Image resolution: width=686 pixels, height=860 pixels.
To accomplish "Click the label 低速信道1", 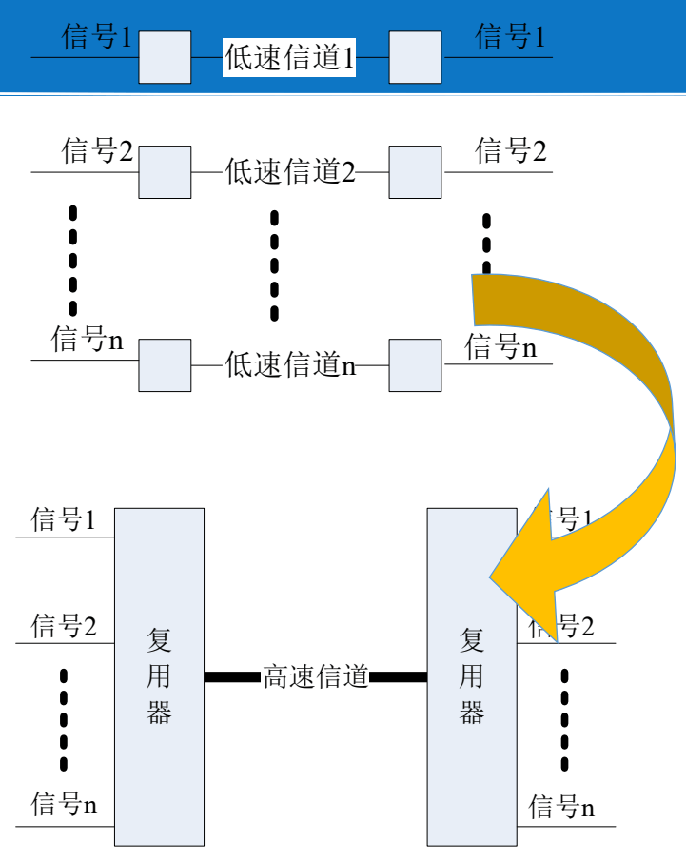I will (x=289, y=58).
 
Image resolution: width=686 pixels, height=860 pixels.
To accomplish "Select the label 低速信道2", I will (x=289, y=172).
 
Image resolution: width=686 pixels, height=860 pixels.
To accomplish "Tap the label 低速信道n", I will (x=290, y=364).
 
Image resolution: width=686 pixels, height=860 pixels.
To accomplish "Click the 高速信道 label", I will (x=315, y=677).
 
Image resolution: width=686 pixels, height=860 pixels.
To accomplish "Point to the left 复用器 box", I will (x=160, y=676).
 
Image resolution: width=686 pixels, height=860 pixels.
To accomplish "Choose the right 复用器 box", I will (x=471, y=676).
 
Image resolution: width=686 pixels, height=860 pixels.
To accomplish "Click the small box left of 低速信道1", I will (x=165, y=57).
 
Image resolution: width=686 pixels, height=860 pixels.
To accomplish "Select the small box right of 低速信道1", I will (x=415, y=57).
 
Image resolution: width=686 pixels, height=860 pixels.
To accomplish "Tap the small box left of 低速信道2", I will (x=165, y=171).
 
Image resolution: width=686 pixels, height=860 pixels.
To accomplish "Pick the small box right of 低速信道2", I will (x=415, y=171).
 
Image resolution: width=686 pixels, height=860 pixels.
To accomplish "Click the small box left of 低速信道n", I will (x=165, y=364).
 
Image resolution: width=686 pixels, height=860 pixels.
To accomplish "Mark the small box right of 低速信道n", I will (x=415, y=364).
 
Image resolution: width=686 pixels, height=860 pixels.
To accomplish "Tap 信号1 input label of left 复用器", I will (x=64, y=519).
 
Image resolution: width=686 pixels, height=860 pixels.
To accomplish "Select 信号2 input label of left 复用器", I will (x=64, y=626).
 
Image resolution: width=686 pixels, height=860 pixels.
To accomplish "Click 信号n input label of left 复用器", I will (x=64, y=805).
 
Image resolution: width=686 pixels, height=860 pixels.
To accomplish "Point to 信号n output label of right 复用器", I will (x=561, y=808).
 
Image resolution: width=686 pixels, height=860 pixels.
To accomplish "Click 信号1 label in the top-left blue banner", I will (x=98, y=37).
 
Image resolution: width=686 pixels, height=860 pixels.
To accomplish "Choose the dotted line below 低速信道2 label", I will (x=275, y=265).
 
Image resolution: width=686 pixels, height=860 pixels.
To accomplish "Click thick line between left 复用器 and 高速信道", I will (x=232, y=677).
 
